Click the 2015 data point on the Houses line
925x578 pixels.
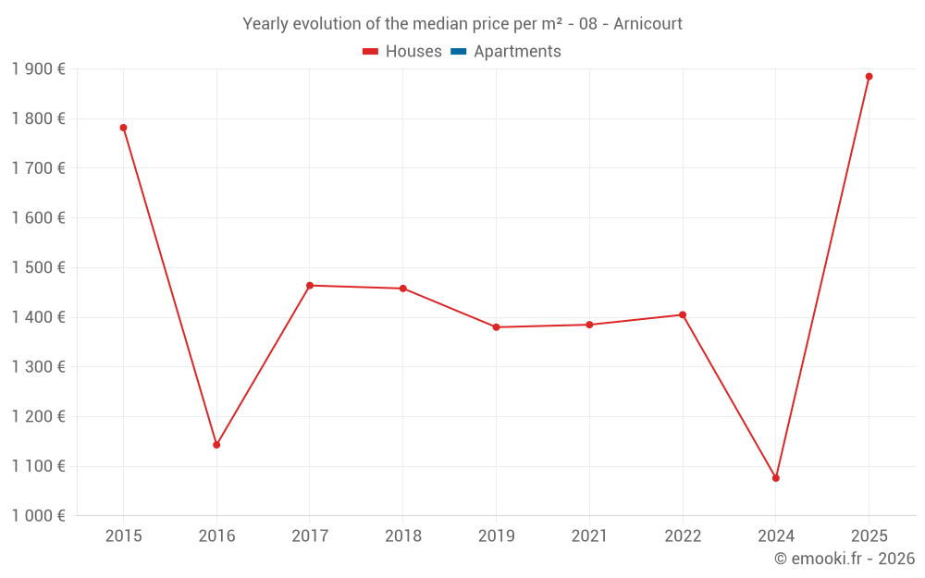tap(123, 128)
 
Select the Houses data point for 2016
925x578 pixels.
tap(216, 445)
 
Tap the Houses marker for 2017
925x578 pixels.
tap(310, 286)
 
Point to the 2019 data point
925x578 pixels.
tap(496, 326)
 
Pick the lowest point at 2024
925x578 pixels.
tap(776, 478)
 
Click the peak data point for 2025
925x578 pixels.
tap(869, 77)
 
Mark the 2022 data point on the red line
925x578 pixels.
tap(683, 315)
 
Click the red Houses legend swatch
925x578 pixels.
tap(371, 52)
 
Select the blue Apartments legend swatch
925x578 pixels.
tap(459, 52)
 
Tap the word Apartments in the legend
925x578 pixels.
tap(517, 51)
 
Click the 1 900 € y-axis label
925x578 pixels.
tap(38, 69)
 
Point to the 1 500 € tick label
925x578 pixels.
tap(38, 268)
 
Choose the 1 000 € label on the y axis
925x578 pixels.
tap(38, 516)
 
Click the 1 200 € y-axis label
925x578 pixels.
tap(38, 416)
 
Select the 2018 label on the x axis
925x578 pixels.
tap(403, 535)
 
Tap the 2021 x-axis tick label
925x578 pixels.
tap(589, 535)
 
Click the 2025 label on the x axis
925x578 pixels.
tap(869, 535)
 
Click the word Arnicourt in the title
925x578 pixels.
tap(647, 24)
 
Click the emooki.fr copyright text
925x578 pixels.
tap(845, 558)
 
